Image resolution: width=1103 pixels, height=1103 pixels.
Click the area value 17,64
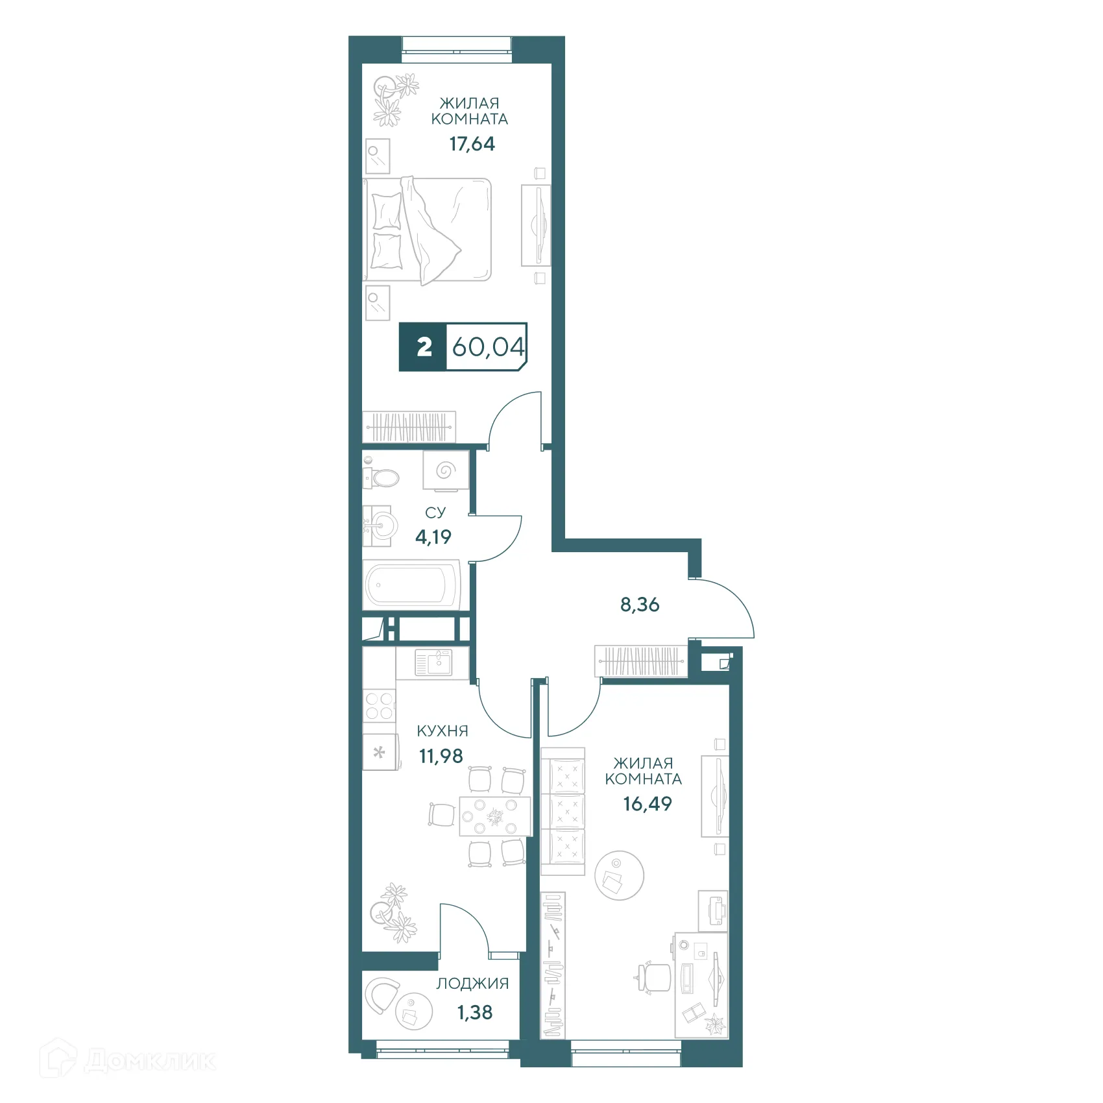(x=472, y=144)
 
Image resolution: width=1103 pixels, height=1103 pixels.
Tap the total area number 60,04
(x=487, y=347)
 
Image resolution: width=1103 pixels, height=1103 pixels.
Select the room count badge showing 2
(x=424, y=347)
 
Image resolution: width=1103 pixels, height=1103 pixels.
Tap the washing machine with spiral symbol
(x=445, y=470)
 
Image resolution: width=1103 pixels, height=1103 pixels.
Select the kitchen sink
(x=432, y=662)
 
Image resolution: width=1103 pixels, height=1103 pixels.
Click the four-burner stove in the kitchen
(x=379, y=706)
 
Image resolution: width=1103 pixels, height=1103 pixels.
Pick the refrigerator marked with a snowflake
(x=380, y=752)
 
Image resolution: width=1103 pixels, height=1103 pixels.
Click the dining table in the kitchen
(x=495, y=816)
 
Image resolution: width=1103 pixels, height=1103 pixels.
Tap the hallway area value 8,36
(x=640, y=605)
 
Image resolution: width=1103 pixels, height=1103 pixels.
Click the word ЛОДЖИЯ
(x=472, y=984)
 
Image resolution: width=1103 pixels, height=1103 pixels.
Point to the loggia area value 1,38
(x=475, y=1012)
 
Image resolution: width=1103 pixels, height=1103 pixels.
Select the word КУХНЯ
(x=442, y=731)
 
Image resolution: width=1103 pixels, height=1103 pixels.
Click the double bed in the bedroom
(x=427, y=230)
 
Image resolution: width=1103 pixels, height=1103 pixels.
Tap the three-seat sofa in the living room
(x=563, y=811)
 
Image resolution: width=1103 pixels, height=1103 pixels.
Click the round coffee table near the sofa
(x=619, y=875)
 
